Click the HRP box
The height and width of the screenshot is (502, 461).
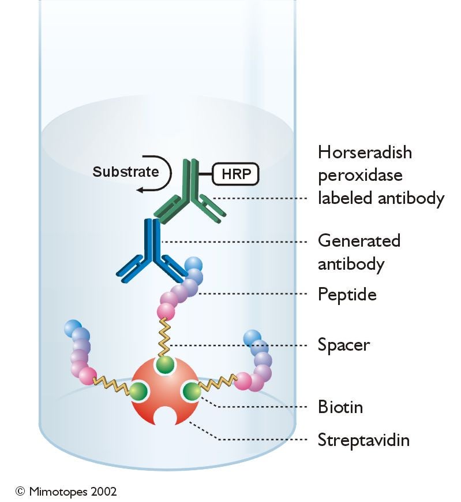coord(235,173)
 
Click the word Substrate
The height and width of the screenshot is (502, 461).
coord(125,172)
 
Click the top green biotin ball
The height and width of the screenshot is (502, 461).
coord(166,366)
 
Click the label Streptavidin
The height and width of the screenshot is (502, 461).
coord(363,440)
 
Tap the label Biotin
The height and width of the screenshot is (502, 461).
coord(340,407)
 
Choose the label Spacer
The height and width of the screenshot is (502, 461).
coord(344,345)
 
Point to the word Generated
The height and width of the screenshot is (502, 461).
coord(359,240)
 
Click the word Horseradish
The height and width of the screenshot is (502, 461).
coord(365,153)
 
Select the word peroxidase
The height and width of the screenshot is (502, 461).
coord(361,176)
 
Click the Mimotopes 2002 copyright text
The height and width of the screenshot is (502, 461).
coord(66,491)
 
